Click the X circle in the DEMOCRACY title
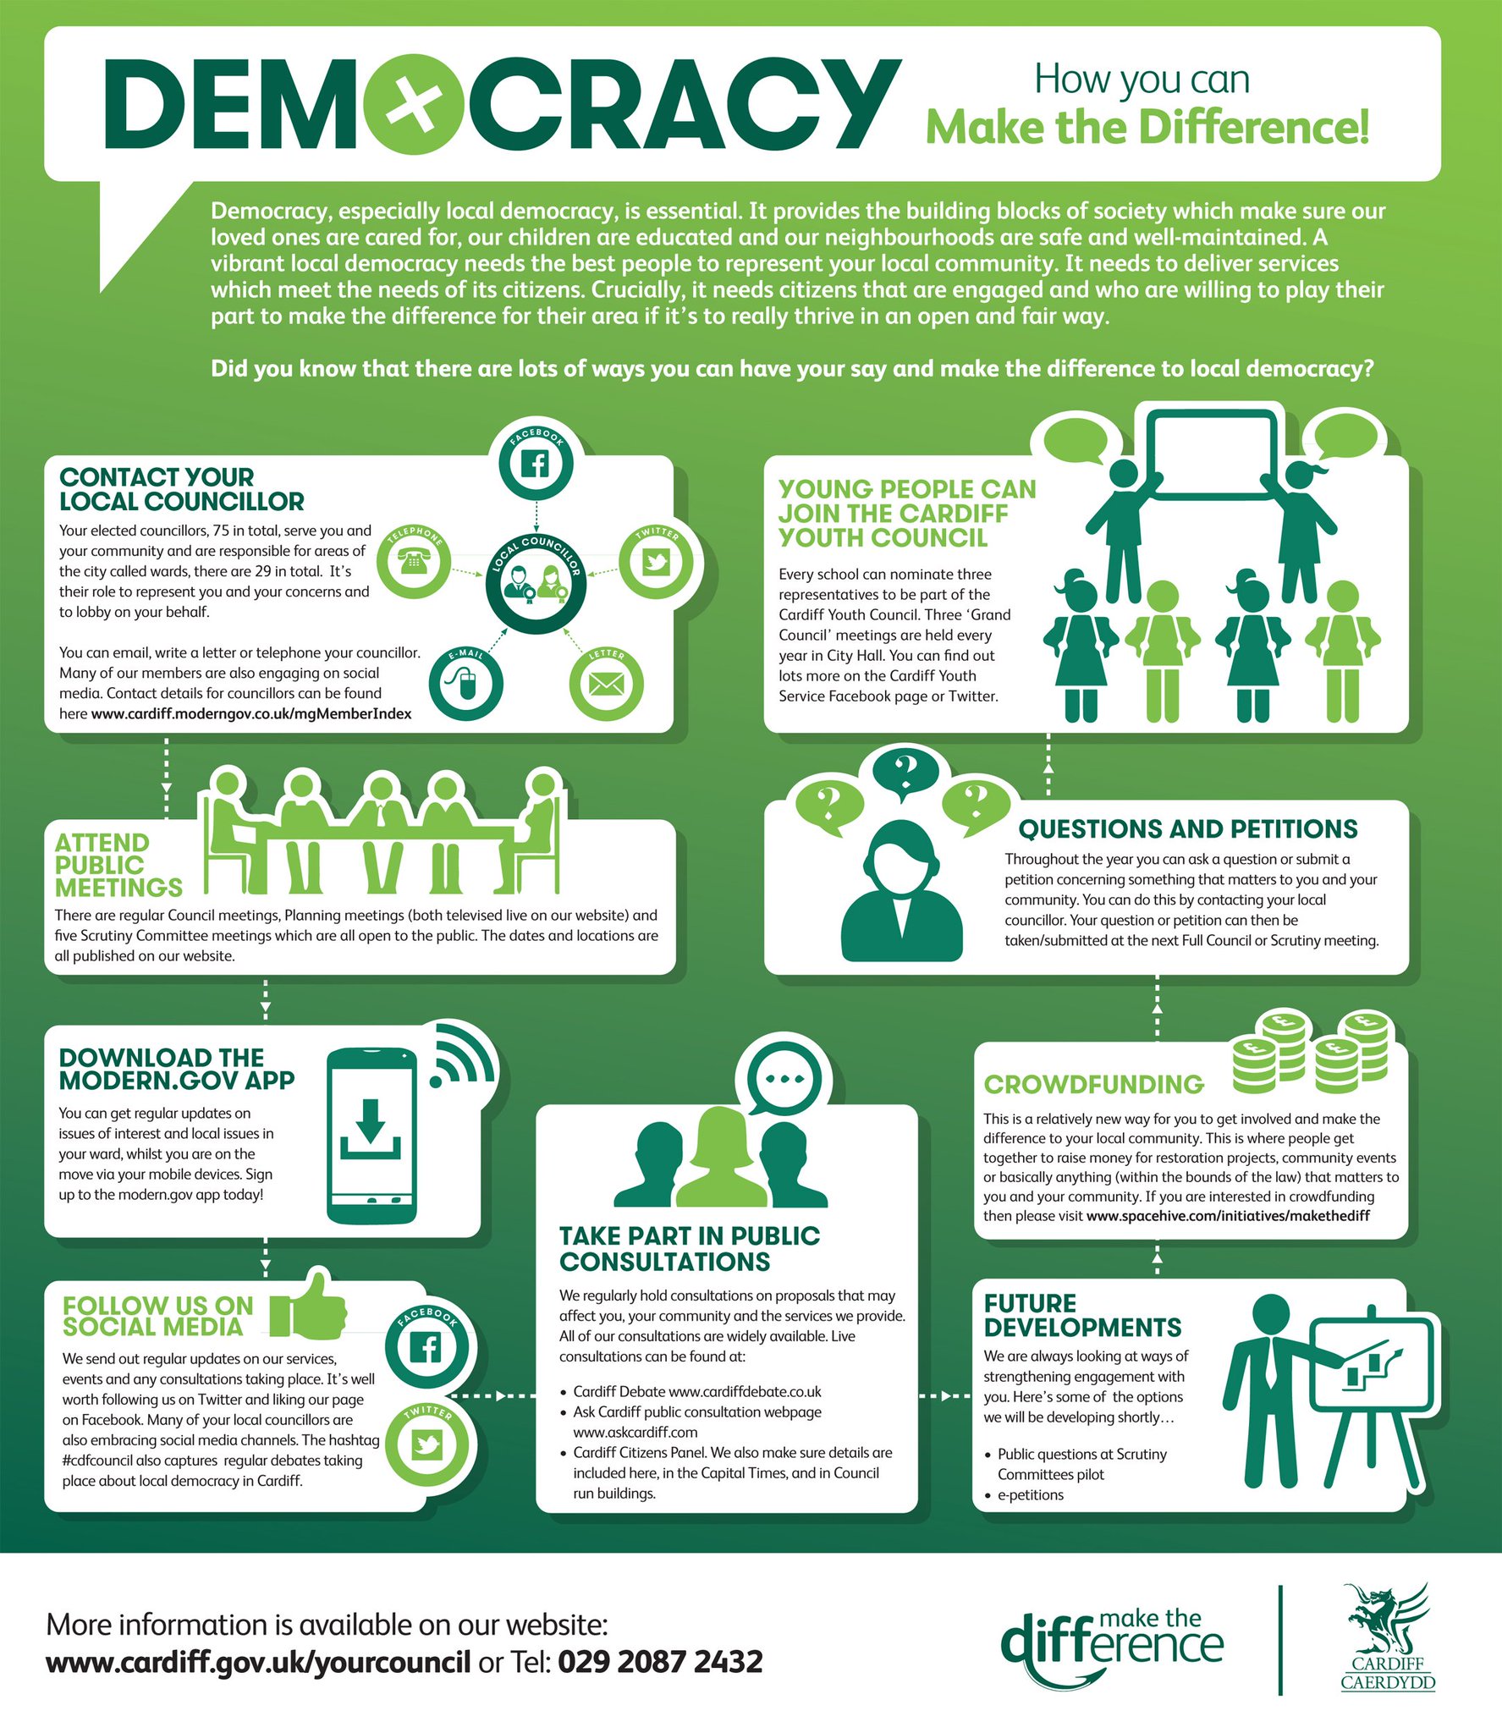(x=414, y=105)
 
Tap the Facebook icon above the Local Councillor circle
(x=536, y=464)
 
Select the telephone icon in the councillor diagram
(x=413, y=561)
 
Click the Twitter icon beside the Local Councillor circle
(x=656, y=561)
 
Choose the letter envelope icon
(x=606, y=684)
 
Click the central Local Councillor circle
(x=536, y=580)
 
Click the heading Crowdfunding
(x=1093, y=1084)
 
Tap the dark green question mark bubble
(x=905, y=773)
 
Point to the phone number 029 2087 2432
(x=660, y=1661)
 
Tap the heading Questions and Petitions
(x=1188, y=829)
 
